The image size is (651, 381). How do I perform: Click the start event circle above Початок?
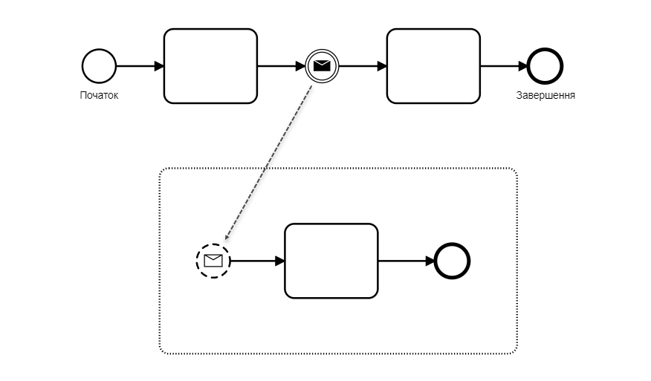pos(99,66)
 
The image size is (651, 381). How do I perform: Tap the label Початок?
pos(99,95)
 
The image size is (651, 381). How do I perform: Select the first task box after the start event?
pos(210,66)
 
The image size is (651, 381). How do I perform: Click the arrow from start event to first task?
pos(140,66)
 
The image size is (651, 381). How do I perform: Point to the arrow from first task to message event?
pos(281,66)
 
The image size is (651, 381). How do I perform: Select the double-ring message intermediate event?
pos(321,66)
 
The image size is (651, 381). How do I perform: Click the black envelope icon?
pos(321,66)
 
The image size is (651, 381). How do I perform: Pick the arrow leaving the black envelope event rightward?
pos(362,66)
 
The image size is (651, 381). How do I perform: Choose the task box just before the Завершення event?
pos(433,66)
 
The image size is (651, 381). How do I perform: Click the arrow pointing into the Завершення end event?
pos(504,66)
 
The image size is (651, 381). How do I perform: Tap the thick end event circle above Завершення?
pos(545,66)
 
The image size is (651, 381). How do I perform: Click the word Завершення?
pos(545,95)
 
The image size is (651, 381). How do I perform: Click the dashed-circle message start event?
pos(213,261)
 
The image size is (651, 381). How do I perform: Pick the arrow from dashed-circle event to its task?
pos(257,261)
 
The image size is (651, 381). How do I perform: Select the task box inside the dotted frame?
pos(331,261)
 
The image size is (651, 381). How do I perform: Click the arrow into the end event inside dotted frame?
pos(407,261)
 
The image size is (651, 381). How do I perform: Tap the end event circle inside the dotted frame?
pos(453,261)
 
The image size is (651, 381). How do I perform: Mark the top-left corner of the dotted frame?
pos(161,170)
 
